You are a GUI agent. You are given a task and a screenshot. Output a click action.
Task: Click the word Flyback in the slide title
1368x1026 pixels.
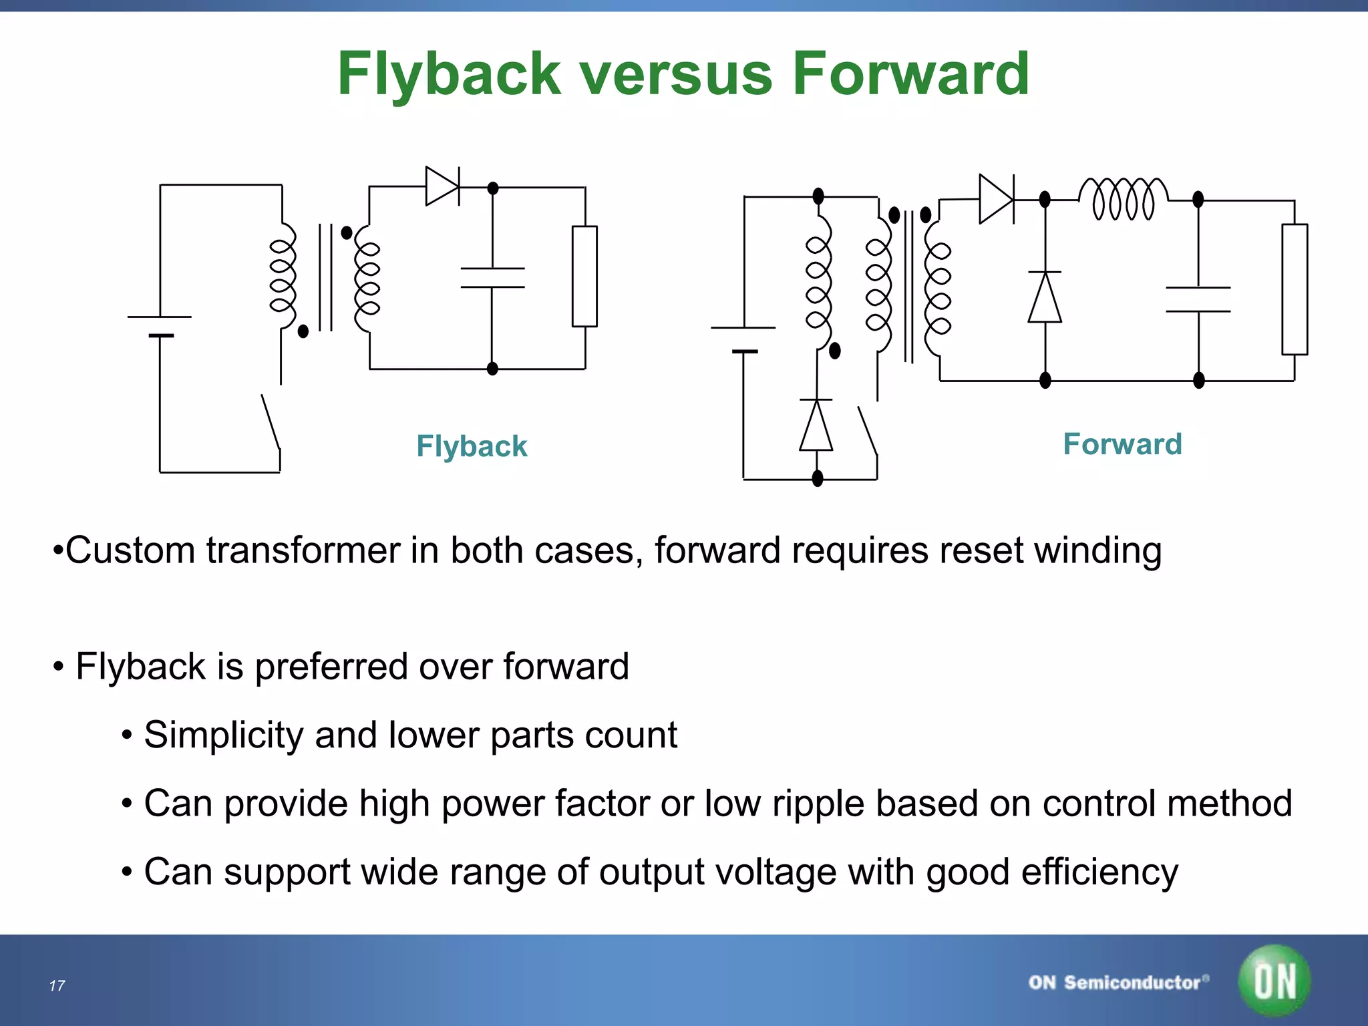(x=449, y=75)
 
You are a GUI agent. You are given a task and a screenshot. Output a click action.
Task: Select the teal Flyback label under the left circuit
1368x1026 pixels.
(x=472, y=446)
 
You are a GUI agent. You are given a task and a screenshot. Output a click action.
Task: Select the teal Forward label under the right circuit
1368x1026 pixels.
(x=1122, y=444)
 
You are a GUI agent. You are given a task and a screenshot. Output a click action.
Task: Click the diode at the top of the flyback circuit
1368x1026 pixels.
(x=442, y=186)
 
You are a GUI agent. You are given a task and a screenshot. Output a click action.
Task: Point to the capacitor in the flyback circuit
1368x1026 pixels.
(x=492, y=278)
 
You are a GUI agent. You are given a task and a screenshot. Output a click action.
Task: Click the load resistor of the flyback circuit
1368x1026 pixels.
(x=584, y=276)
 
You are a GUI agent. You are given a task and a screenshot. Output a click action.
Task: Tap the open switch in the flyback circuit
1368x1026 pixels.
(x=271, y=422)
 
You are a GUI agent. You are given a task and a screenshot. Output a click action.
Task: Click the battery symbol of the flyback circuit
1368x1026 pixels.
(x=160, y=326)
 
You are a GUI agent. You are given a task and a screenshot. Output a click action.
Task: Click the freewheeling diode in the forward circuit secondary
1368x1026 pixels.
(x=1045, y=297)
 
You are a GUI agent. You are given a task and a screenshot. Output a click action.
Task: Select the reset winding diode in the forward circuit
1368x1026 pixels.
(x=816, y=425)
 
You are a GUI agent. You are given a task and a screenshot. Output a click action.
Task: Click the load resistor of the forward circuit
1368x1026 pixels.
(x=1294, y=289)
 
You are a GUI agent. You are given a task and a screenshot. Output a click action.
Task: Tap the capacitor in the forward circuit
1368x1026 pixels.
(x=1198, y=299)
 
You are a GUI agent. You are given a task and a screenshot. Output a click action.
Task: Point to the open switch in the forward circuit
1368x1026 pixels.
(x=868, y=432)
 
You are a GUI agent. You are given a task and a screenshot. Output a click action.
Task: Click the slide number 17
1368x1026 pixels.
(x=57, y=986)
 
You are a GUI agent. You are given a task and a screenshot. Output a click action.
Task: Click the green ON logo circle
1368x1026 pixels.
(x=1274, y=981)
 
